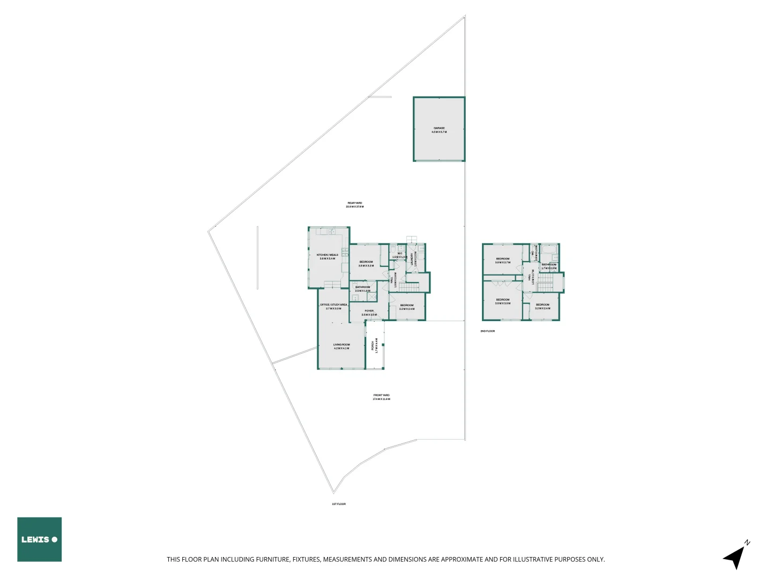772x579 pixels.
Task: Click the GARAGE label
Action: point(439,129)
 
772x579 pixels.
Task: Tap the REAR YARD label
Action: point(354,203)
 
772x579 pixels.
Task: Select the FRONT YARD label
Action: point(381,396)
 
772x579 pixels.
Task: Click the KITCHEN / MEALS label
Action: point(327,255)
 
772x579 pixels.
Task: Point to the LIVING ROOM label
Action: point(341,345)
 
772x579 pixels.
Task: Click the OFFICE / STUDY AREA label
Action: point(333,305)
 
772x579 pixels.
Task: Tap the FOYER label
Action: point(369,311)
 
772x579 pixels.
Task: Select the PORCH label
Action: point(373,345)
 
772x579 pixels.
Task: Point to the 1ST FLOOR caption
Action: point(338,504)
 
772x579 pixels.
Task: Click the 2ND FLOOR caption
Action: point(487,331)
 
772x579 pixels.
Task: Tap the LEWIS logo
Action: point(39,539)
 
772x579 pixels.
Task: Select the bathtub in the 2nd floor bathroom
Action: point(548,249)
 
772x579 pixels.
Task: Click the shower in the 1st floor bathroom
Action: point(371,297)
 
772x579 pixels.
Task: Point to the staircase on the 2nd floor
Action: point(545,284)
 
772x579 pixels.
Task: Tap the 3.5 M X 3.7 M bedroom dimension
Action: point(502,263)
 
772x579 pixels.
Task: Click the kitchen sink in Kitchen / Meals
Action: point(332,232)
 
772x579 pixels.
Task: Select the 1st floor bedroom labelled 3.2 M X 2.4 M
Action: point(406,307)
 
